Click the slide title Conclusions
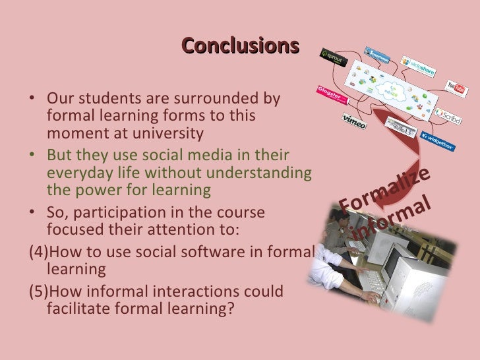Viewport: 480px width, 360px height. pyautogui.click(x=240, y=45)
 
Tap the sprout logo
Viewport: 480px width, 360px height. pyautogui.click(x=331, y=59)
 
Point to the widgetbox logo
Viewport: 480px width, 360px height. pyautogui.click(x=440, y=140)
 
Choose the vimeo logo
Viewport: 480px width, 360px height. pyautogui.click(x=355, y=121)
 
